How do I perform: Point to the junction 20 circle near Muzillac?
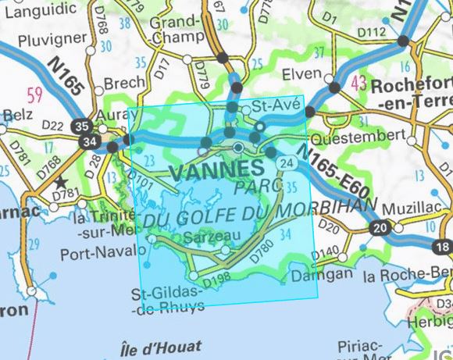[380, 227]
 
